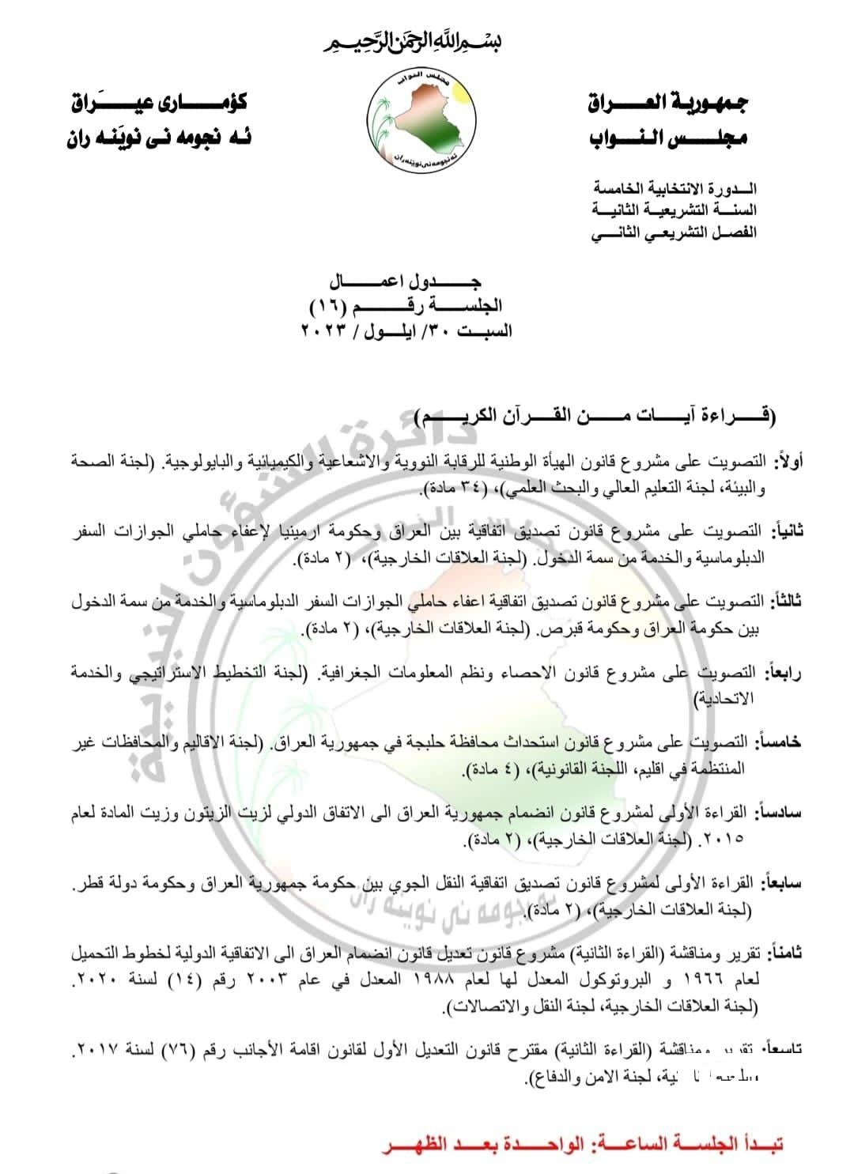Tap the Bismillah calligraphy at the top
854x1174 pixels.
tap(427, 40)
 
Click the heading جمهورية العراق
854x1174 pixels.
tap(669, 104)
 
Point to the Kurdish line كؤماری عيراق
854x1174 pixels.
tap(158, 104)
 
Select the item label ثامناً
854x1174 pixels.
tap(784, 954)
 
